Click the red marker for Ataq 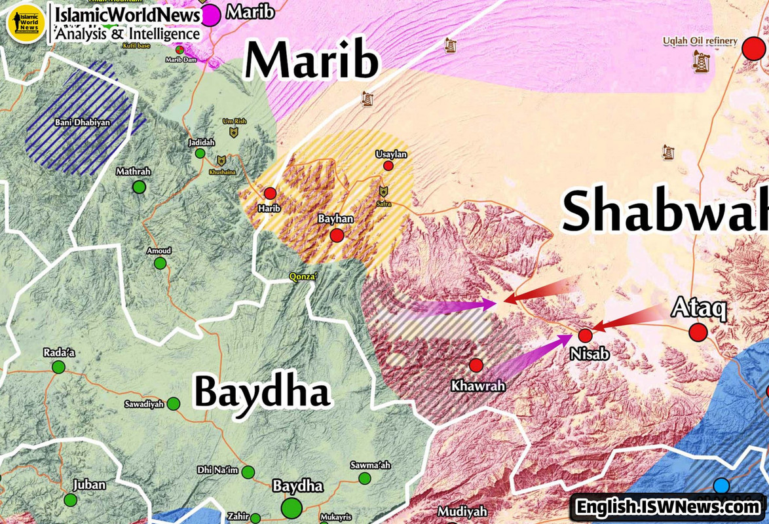point(698,332)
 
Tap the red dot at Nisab point(585,335)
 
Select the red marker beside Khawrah point(476,365)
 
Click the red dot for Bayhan point(337,235)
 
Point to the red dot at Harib point(270,193)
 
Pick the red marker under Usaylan point(388,166)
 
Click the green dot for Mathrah point(139,187)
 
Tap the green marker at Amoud point(160,263)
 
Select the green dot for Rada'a point(58,367)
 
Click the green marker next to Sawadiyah point(174,403)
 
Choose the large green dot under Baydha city point(291,508)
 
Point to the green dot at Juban point(70,500)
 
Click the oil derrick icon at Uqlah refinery point(702,61)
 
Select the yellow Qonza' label point(303,276)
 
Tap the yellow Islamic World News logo point(25,23)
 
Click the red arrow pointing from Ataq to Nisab point(629,318)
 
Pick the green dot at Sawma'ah point(364,478)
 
